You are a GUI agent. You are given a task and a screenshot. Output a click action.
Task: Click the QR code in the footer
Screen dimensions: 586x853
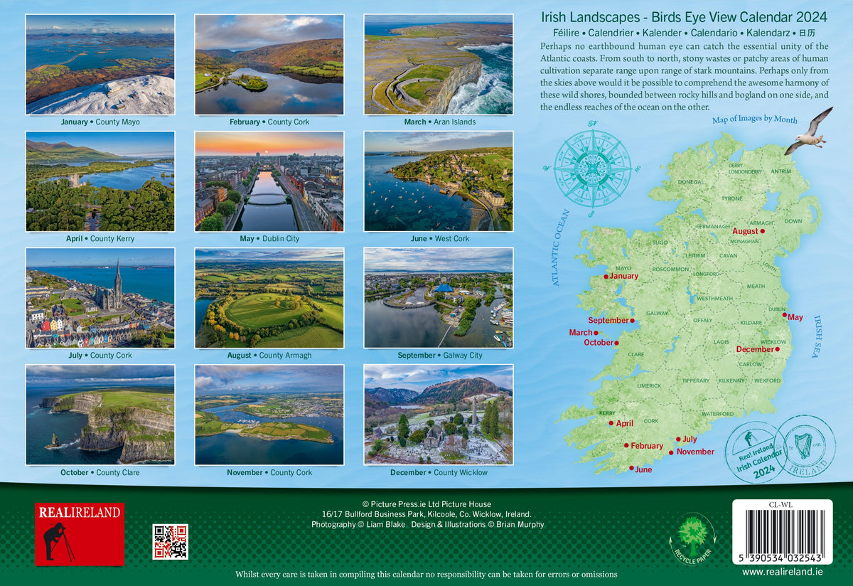tap(170, 542)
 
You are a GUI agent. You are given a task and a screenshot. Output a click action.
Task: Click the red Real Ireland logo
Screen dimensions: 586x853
tap(80, 534)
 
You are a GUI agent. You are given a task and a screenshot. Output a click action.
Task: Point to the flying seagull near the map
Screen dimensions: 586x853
tap(810, 132)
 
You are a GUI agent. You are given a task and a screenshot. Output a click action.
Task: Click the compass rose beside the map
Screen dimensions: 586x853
tap(592, 168)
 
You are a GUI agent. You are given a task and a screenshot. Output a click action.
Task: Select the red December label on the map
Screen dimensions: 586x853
tap(755, 349)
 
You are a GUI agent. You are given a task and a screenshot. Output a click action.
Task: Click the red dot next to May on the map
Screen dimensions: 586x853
tap(785, 315)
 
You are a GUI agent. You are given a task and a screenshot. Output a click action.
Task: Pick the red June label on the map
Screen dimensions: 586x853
tap(643, 469)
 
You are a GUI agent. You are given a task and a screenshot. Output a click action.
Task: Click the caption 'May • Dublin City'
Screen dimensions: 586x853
tap(269, 238)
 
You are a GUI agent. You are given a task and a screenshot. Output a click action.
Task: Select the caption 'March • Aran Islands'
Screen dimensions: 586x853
tap(439, 122)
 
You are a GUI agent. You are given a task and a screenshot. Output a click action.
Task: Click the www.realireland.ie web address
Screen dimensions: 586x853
tap(782, 571)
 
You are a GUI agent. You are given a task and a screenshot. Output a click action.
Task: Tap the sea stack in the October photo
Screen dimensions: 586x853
tap(53, 441)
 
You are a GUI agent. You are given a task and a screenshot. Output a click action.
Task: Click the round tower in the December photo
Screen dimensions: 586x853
tap(473, 409)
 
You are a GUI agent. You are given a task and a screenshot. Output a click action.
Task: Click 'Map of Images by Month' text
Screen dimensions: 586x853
tap(754, 120)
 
